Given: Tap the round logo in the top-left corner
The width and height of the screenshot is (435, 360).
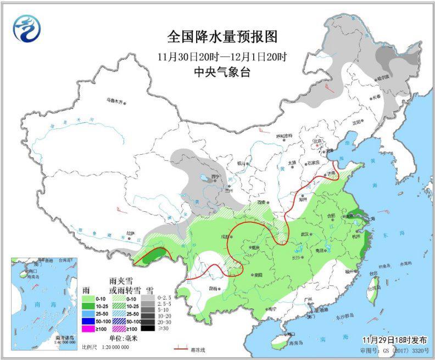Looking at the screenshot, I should tap(27, 28).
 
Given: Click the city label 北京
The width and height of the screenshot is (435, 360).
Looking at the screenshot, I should tap(317, 141).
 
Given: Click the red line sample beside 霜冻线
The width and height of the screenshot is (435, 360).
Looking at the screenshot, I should tap(181, 348).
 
